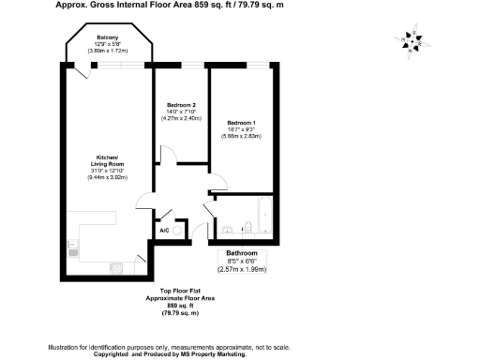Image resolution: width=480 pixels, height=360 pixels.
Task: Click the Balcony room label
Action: [x=108, y=38]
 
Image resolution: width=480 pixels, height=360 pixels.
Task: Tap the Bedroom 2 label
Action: [x=181, y=104]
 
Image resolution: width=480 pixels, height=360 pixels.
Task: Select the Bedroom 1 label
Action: [x=241, y=122]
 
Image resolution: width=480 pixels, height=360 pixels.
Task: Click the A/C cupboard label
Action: [x=163, y=230]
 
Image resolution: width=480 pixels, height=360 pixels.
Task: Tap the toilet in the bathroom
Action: [x=246, y=228]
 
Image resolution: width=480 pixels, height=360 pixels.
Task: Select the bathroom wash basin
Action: [x=228, y=228]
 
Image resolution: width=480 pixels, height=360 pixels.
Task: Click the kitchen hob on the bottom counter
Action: [x=117, y=269]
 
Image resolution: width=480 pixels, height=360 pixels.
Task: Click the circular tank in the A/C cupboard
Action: [x=179, y=228]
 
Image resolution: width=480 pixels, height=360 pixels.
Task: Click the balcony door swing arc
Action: [x=87, y=70]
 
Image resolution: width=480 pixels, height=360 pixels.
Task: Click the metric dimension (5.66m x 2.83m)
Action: [x=241, y=138]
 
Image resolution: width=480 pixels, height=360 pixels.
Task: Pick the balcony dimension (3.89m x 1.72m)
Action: [x=108, y=52]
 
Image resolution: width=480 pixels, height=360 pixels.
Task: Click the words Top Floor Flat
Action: [x=172, y=291]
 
